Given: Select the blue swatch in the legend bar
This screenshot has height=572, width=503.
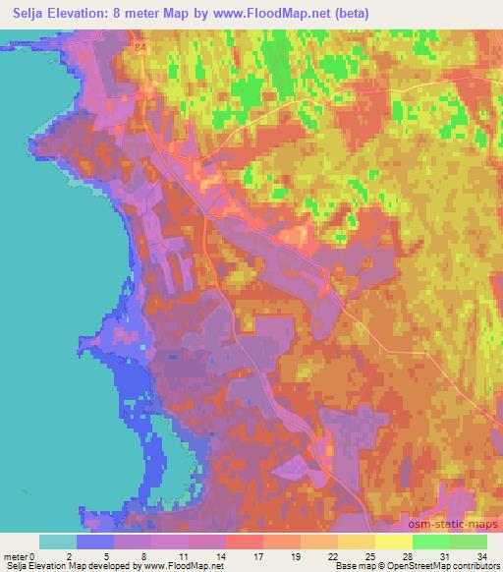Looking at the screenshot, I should point(95,542).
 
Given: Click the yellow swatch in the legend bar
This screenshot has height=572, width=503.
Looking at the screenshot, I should point(394,542).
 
